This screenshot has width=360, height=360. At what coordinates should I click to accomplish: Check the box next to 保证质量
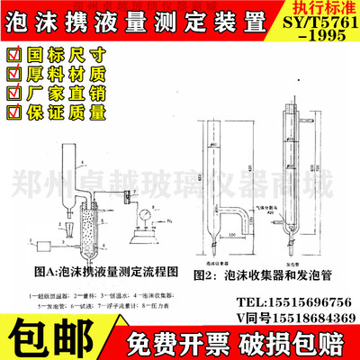13,112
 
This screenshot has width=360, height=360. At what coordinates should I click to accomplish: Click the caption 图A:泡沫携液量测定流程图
101,269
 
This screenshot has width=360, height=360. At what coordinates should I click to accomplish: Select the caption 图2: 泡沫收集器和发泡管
268,269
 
